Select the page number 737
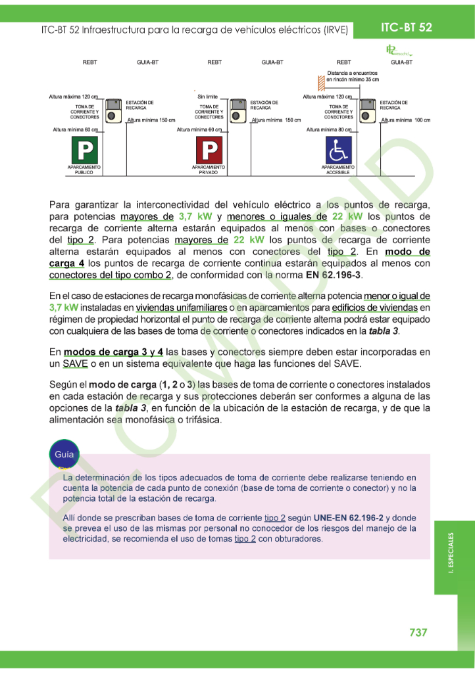tap(418, 632)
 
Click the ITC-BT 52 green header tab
tap(407, 27)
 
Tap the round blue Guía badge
tap(64, 454)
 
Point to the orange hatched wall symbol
tap(321, 82)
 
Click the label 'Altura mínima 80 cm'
tap(329, 130)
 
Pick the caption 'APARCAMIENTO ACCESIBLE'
tap(339, 170)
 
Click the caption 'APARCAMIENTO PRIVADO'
tap(209, 170)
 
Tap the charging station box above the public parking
tap(114, 110)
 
